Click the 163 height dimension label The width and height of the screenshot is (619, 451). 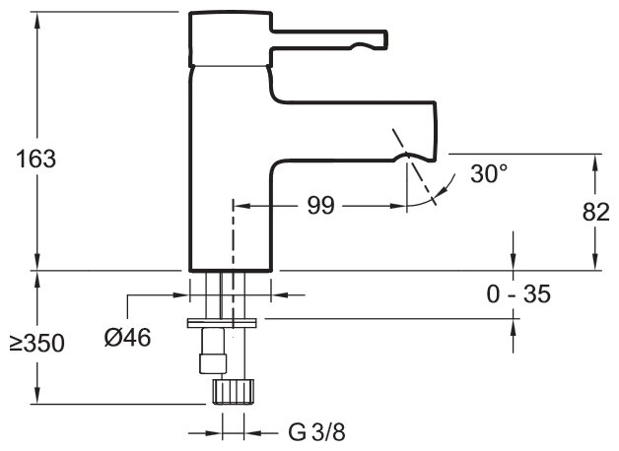35,159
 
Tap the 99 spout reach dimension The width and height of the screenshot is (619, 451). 321,206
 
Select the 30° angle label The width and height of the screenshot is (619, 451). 489,174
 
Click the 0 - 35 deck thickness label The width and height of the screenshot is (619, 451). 516,293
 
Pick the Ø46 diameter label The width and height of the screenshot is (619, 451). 127,338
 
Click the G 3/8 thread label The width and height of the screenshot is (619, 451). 315,431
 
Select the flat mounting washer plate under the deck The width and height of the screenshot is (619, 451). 223,320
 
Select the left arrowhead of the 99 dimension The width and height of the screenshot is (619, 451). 240,206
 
